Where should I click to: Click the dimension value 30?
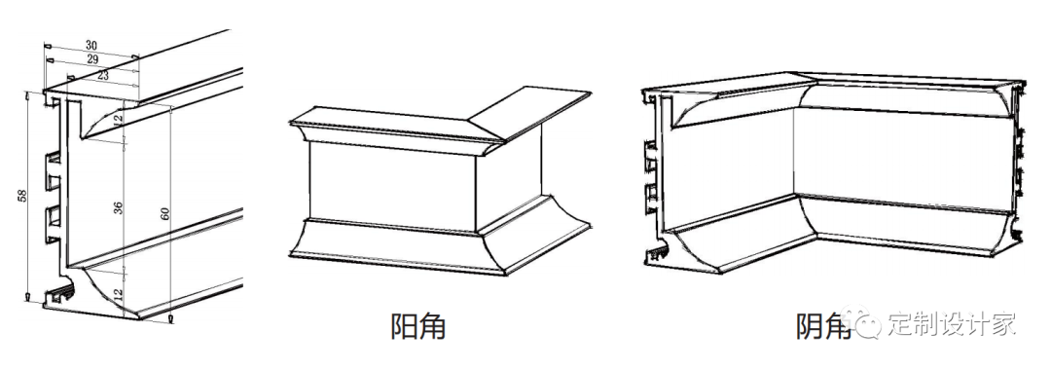91,45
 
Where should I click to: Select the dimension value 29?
92,59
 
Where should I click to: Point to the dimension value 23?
102,75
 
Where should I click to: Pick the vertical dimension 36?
119,207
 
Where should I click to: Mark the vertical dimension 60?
164,214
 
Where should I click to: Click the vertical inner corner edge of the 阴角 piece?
794,151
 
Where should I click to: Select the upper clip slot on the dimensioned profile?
54,167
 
